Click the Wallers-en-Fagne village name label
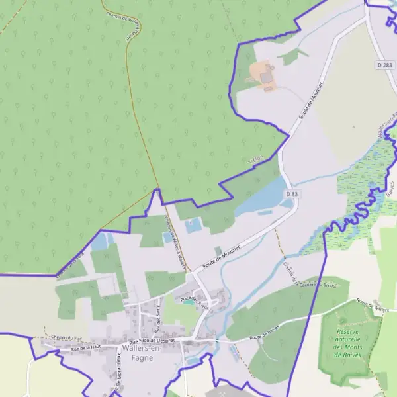[x=137, y=353]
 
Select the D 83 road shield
[x=292, y=193]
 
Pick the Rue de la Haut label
[x=86, y=346]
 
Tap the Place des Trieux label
[x=195, y=301]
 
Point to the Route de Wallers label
[x=371, y=305]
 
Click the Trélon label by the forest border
[x=255, y=159]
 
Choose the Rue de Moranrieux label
[x=120, y=380]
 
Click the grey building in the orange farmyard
[x=267, y=78]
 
